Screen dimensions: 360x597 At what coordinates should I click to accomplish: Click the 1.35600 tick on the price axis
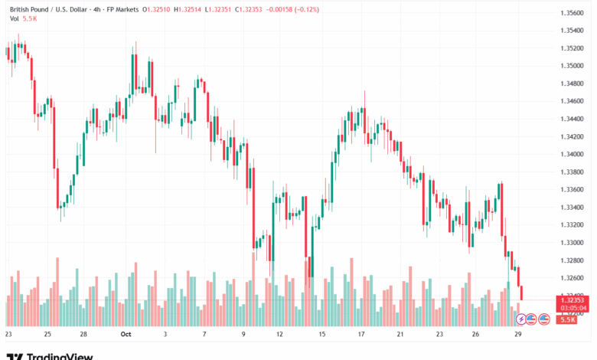(573, 13)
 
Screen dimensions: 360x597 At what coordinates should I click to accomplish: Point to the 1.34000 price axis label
(573, 154)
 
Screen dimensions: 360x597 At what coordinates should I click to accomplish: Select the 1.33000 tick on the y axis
(573, 243)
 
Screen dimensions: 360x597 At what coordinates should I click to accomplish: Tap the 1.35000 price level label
(573, 66)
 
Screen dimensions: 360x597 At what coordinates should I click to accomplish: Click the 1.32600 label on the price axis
(573, 278)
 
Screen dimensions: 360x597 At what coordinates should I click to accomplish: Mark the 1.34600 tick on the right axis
(573, 101)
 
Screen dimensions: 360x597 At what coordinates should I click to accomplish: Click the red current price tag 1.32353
(573, 300)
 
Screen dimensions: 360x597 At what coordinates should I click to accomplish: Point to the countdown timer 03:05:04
(573, 308)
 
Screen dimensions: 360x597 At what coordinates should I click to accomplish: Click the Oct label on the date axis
(126, 335)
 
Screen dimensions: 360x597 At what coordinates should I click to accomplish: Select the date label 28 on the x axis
(83, 335)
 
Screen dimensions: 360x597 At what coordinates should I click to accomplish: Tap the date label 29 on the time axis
(519, 335)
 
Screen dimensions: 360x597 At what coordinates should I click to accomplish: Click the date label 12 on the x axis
(280, 335)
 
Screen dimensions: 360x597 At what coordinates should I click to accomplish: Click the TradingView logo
(49, 355)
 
